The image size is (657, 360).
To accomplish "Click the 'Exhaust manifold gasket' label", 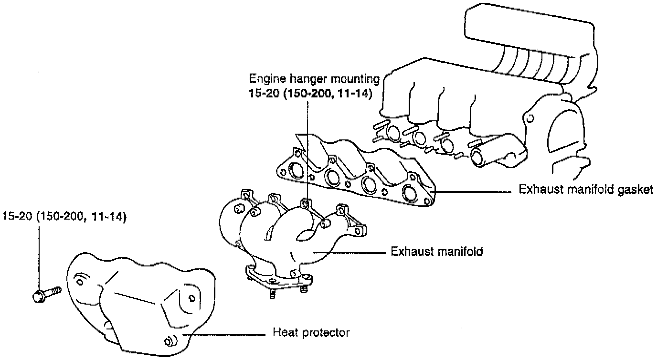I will coord(585,190).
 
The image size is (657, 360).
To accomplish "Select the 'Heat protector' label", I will coord(311,332).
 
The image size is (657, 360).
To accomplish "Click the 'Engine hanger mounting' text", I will coord(314,78).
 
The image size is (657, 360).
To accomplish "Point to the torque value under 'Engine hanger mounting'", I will coord(310,93).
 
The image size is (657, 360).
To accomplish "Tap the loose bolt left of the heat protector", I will coord(46,293).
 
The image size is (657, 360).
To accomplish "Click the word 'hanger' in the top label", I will coord(301,78).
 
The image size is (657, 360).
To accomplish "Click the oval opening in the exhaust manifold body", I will coord(305,234).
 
